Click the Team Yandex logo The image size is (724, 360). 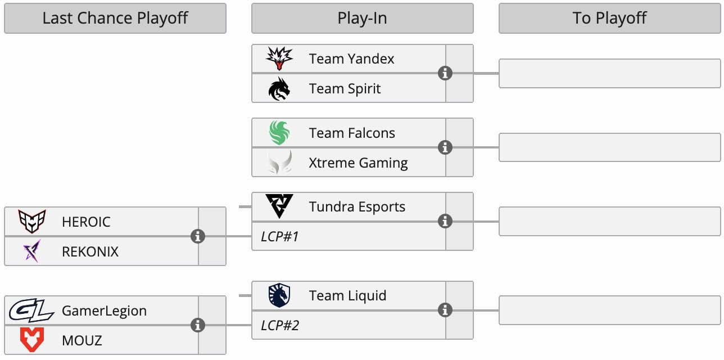279,58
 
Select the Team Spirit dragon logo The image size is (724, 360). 279,88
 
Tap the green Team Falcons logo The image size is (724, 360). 279,133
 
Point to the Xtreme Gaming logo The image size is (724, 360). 279,163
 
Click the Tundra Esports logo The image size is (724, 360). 279,207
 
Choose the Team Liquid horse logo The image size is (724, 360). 279,295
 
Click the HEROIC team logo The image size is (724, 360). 31,222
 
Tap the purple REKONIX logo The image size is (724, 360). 31,251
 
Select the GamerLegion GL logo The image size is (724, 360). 31,310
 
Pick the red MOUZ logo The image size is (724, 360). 31,340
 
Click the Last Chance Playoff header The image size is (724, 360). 115,18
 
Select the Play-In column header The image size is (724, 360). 362,18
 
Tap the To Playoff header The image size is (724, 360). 609,18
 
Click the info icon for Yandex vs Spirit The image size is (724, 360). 445,73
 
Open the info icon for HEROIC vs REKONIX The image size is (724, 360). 197,236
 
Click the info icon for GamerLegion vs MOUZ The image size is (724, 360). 197,325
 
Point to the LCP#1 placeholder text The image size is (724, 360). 279,236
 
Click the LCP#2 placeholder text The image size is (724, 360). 280,325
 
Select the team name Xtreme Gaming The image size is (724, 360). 358,163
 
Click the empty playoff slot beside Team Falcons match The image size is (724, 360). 609,147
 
